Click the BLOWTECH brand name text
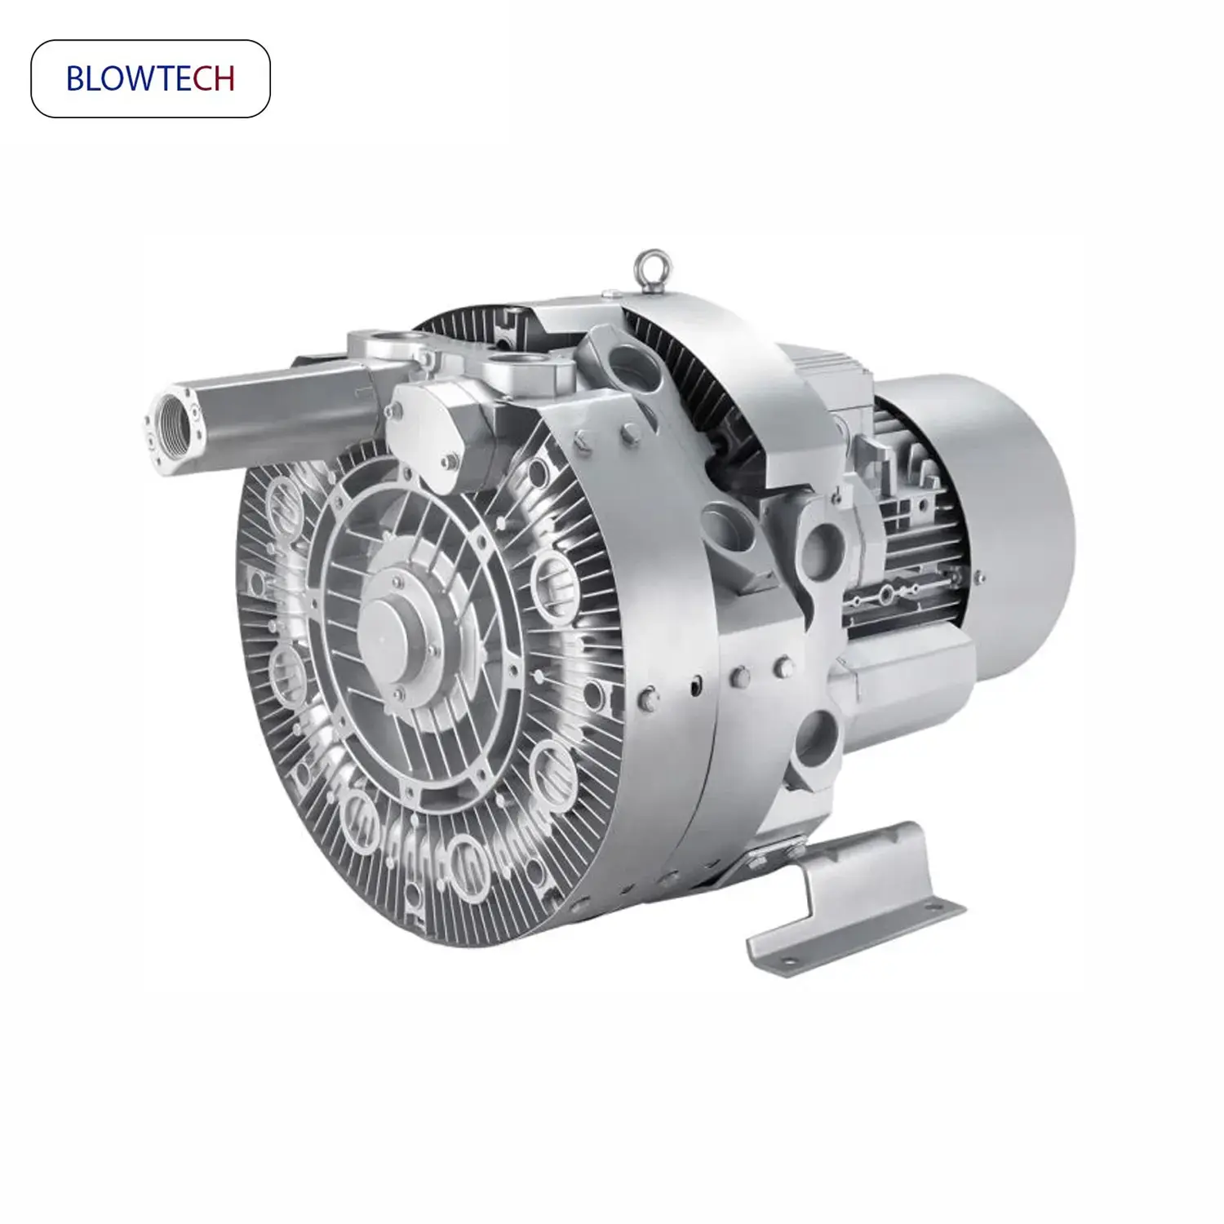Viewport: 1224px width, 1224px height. coord(150,78)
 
